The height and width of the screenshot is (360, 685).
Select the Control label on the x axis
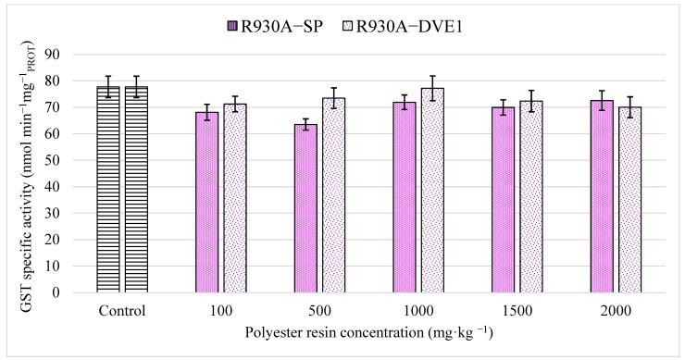[x=122, y=310]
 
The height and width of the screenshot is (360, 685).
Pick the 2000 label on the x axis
[x=616, y=310]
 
